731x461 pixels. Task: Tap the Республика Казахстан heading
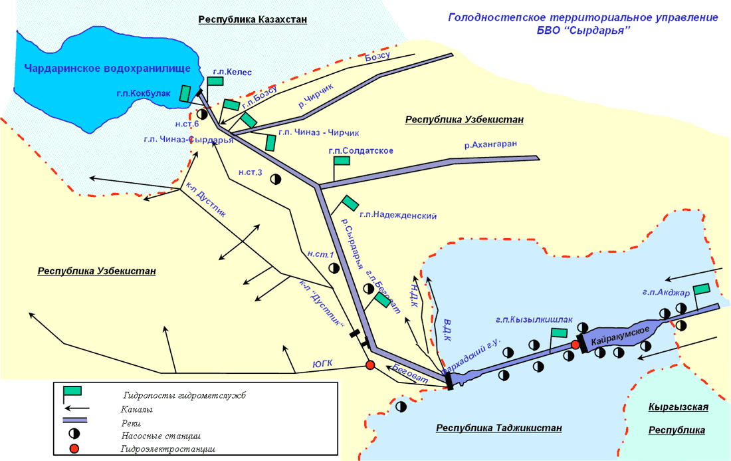[253, 19]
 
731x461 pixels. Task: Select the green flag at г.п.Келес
[215, 80]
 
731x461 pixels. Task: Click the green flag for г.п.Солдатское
[342, 161]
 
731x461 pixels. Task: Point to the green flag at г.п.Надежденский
[350, 202]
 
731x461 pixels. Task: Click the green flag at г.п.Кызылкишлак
[559, 332]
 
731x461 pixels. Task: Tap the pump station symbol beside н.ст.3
[276, 179]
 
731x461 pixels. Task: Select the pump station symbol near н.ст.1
[334, 267]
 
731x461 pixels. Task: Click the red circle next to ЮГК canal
[370, 365]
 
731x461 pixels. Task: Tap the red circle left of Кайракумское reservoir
[575, 345]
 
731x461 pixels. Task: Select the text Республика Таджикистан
[498, 428]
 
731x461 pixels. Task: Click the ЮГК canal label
[322, 364]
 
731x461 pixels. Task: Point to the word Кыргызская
[678, 407]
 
